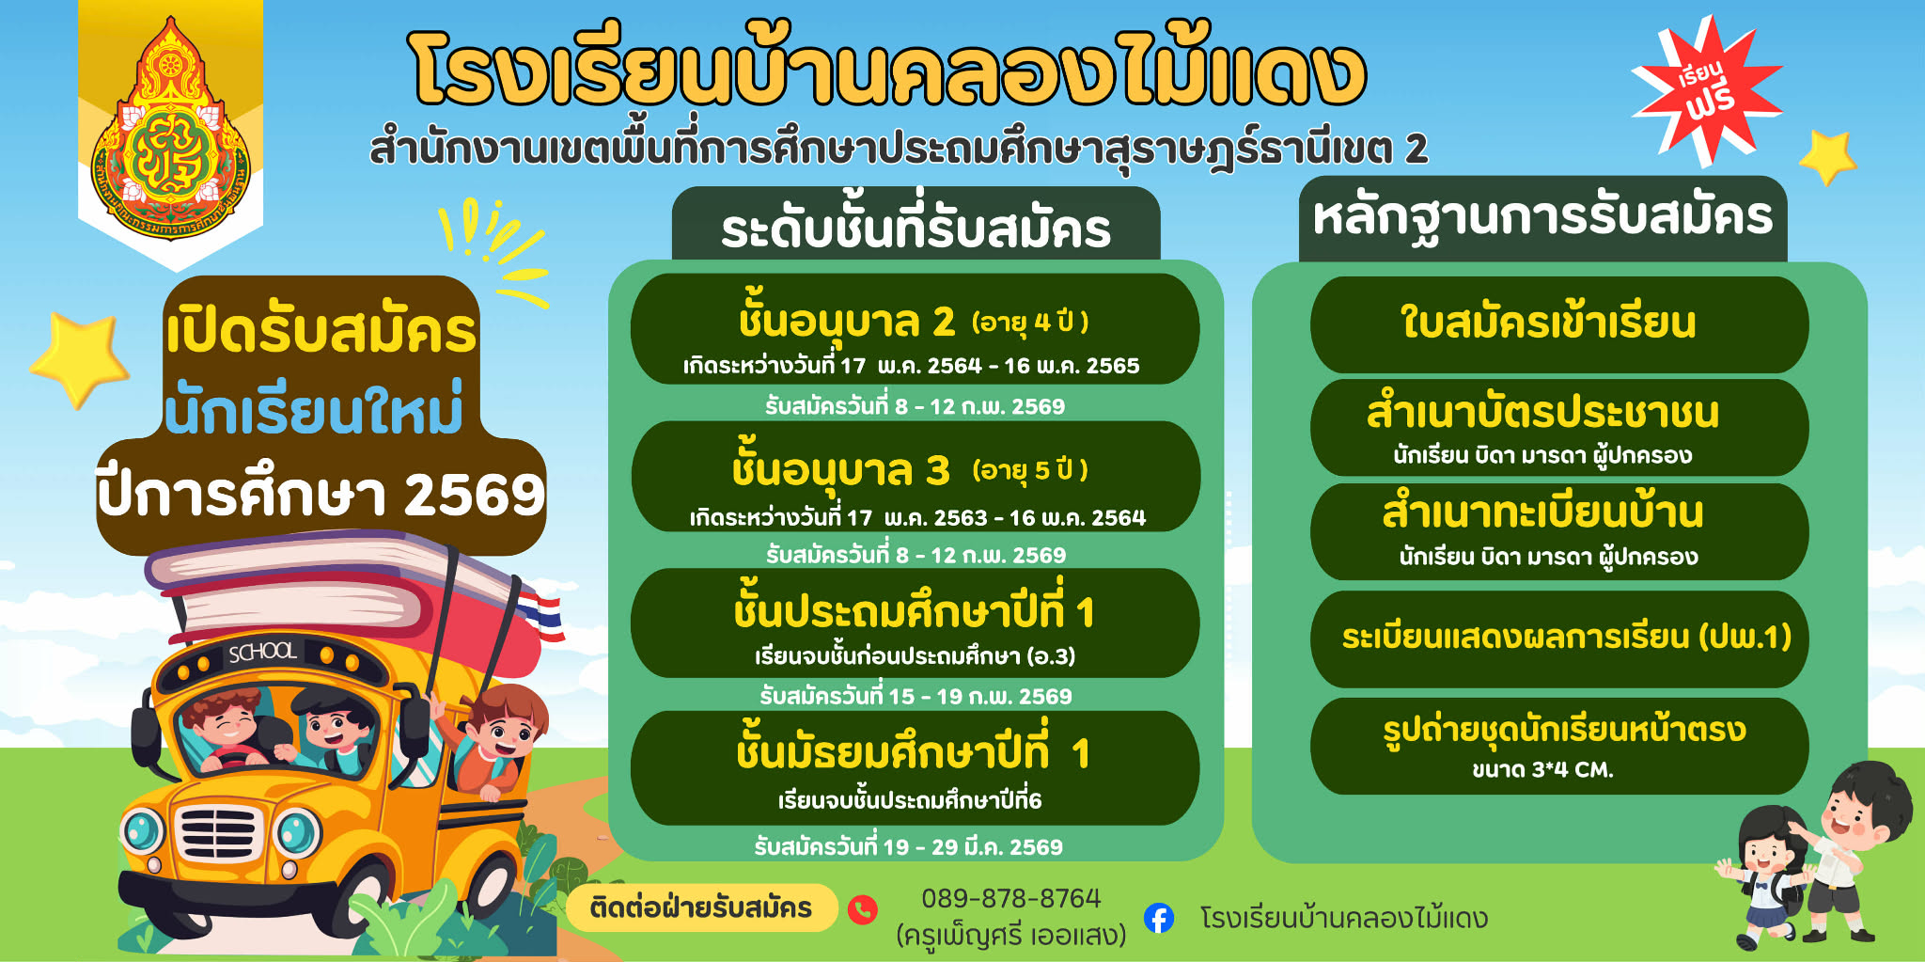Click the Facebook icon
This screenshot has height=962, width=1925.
coord(1159,918)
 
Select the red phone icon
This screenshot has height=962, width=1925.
coord(863,909)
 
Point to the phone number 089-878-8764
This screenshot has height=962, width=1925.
coord(1010,898)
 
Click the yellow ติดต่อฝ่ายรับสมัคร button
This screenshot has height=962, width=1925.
coord(701,907)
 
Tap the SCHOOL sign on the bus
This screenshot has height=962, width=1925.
coord(262,652)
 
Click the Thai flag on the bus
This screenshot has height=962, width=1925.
coord(543,617)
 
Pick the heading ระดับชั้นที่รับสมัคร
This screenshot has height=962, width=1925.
coord(916,229)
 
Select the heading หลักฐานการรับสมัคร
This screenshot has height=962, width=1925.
coord(1542,217)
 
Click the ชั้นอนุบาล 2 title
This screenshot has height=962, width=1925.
coord(846,321)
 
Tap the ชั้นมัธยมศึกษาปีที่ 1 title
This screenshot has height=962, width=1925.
coord(913,753)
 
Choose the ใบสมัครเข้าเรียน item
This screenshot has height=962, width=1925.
coord(1548,323)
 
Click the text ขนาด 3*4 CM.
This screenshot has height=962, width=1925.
coord(1542,769)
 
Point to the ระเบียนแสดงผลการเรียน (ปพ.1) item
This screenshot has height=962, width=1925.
coord(1566,637)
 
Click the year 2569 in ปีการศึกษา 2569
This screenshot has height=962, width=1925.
coord(474,495)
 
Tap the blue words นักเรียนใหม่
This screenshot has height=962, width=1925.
coord(314,409)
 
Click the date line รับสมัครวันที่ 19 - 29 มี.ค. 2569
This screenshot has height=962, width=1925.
coord(908,846)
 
